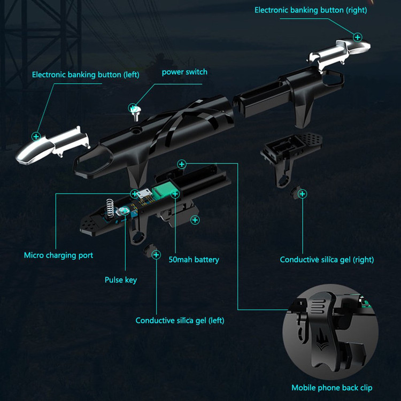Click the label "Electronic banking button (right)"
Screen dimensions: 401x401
coord(311,10)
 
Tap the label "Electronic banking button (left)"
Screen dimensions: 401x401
coord(86,75)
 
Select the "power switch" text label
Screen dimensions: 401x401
coord(184,72)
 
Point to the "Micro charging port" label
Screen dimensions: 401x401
coord(59,255)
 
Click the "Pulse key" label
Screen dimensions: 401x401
coord(121,280)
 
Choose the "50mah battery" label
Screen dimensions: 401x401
coord(194,259)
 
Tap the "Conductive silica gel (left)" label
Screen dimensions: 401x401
coord(180,320)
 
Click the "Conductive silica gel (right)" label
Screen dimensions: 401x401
coord(327,259)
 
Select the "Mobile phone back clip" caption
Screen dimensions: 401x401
coord(331,388)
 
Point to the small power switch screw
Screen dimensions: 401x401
coord(135,113)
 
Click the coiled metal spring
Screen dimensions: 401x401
coord(110,207)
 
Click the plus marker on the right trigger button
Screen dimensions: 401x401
coord(358,37)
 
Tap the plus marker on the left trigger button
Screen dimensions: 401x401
coord(36,136)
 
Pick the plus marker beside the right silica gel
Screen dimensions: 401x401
coord(303,194)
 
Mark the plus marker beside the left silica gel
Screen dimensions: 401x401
coord(156,255)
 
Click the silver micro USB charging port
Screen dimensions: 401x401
coord(144,194)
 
